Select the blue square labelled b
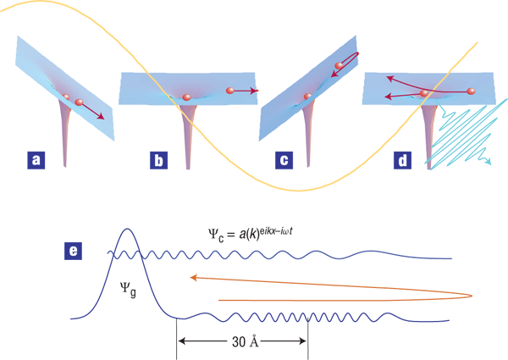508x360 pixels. [158, 158]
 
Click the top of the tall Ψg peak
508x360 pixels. [126, 229]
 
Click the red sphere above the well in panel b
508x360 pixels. [186, 97]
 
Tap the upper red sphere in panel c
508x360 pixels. [340, 65]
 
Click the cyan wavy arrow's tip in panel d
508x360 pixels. [491, 169]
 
